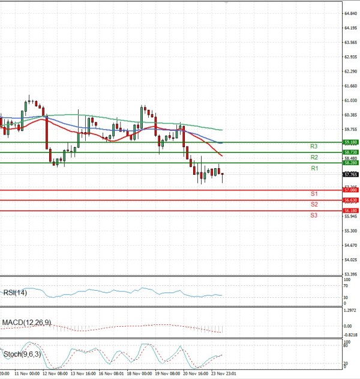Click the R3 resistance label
tap(314, 147)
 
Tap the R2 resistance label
tap(314, 157)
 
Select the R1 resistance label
tap(314, 169)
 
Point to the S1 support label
tap(314, 194)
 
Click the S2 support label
tap(314, 204)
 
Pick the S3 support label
tap(314, 214)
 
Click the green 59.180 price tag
tap(350, 142)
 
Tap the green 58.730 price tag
tap(350, 153)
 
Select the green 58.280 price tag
tap(350, 163)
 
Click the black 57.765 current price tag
tap(350, 175)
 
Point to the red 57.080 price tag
tap(350, 190)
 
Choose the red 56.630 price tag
tap(350, 200)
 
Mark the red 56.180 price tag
tap(350, 211)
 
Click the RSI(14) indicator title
tap(15, 293)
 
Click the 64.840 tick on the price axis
tap(351, 13)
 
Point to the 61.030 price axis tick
tap(351, 100)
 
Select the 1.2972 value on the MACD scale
tap(350, 311)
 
